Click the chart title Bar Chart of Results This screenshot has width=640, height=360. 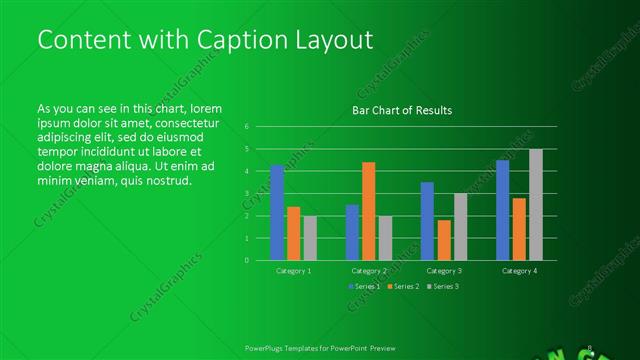[x=402, y=110]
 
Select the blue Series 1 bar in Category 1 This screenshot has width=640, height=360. [x=277, y=212]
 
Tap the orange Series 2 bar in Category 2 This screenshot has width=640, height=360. [x=368, y=211]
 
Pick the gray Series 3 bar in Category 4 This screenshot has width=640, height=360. [x=536, y=204]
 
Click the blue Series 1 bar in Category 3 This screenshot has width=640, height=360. [x=427, y=221]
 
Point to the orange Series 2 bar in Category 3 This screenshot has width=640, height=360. [x=443, y=240]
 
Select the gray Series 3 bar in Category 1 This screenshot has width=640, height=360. [x=310, y=238]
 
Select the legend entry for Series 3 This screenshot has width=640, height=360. [x=443, y=287]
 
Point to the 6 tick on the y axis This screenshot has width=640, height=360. [x=246, y=127]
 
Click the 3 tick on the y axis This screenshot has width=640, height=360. [x=246, y=194]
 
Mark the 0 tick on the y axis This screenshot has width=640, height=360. [x=246, y=260]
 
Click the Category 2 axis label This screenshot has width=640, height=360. [x=369, y=271]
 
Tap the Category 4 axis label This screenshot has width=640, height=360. [x=519, y=271]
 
